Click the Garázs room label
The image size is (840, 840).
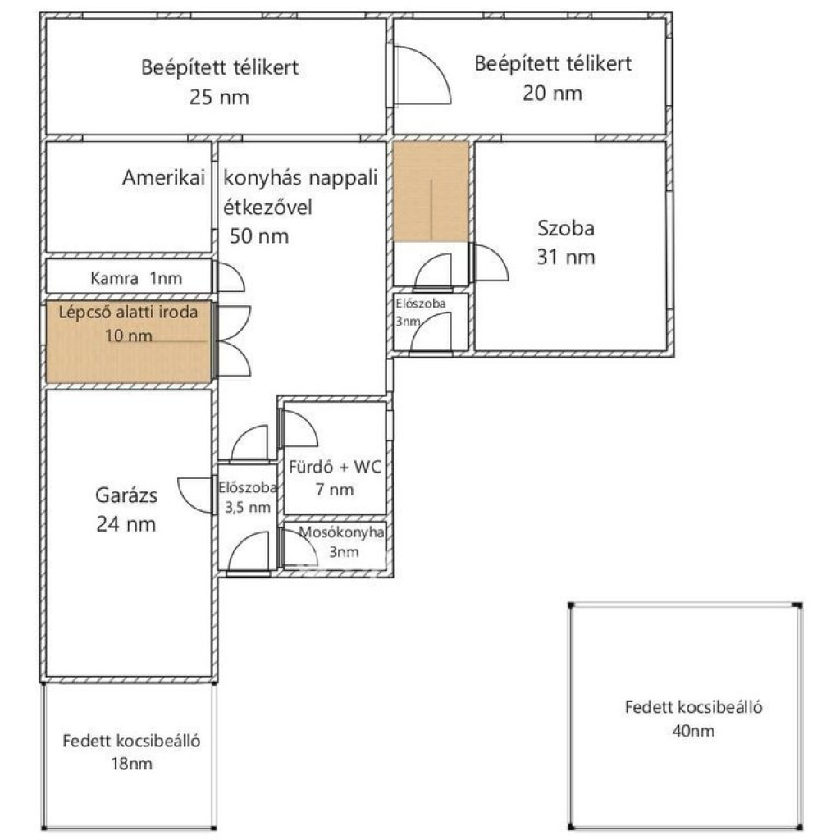pyautogui.click(x=126, y=495)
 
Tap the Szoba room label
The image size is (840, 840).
pyautogui.click(x=566, y=228)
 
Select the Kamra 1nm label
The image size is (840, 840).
pyautogui.click(x=136, y=278)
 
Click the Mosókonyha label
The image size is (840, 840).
pyautogui.click(x=341, y=532)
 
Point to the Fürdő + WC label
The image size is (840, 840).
pyautogui.click(x=335, y=467)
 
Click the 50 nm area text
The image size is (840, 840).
pyautogui.click(x=259, y=236)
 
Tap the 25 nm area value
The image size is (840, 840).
pyautogui.click(x=219, y=97)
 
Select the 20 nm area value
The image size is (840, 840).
pyautogui.click(x=552, y=94)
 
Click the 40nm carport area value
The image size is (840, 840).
pyautogui.click(x=693, y=731)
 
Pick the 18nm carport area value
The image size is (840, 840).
pyautogui.click(x=131, y=764)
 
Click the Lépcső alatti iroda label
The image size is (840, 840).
pyautogui.click(x=128, y=312)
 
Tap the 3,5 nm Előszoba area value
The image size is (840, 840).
pyautogui.click(x=248, y=507)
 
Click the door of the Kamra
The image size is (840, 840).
pyautogui.click(x=229, y=277)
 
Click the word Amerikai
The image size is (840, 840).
pyautogui.click(x=163, y=177)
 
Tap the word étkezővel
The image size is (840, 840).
pyautogui.click(x=267, y=207)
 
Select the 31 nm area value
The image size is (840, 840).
pyautogui.click(x=566, y=257)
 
